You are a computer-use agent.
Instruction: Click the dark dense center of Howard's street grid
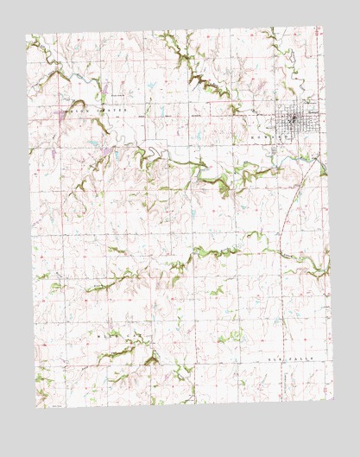[294, 119]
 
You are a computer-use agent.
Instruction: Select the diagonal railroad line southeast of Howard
[298, 186]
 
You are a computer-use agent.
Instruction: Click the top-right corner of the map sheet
[323, 28]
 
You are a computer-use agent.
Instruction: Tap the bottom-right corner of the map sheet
[332, 399]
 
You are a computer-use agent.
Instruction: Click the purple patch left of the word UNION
[57, 113]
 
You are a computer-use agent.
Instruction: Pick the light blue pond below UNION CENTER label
[91, 143]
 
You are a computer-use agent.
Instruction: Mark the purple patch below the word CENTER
[105, 154]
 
